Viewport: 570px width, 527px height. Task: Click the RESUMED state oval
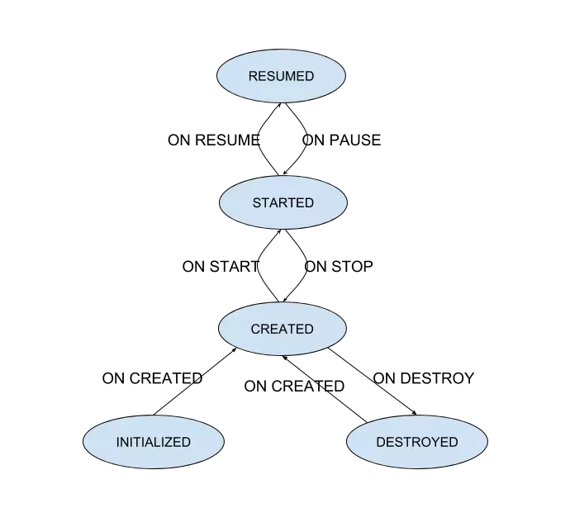coord(281,76)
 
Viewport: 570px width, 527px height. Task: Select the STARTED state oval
coord(283,202)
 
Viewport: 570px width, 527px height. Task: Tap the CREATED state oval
coord(282,329)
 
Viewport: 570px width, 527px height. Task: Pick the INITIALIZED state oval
coord(154,442)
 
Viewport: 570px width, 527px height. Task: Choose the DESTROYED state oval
coord(416,442)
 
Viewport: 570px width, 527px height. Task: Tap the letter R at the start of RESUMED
coord(253,76)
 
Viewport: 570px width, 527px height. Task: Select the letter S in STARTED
coord(257,202)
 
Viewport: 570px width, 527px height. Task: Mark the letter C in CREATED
coord(255,329)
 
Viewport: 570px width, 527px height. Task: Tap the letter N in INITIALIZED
coord(125,442)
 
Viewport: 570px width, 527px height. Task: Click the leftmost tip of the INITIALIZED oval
coord(84,442)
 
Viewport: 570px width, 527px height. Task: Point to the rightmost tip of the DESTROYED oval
coord(487,442)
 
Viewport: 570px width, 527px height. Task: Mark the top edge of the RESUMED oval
coord(281,50)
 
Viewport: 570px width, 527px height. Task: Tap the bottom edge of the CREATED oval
coord(282,354)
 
